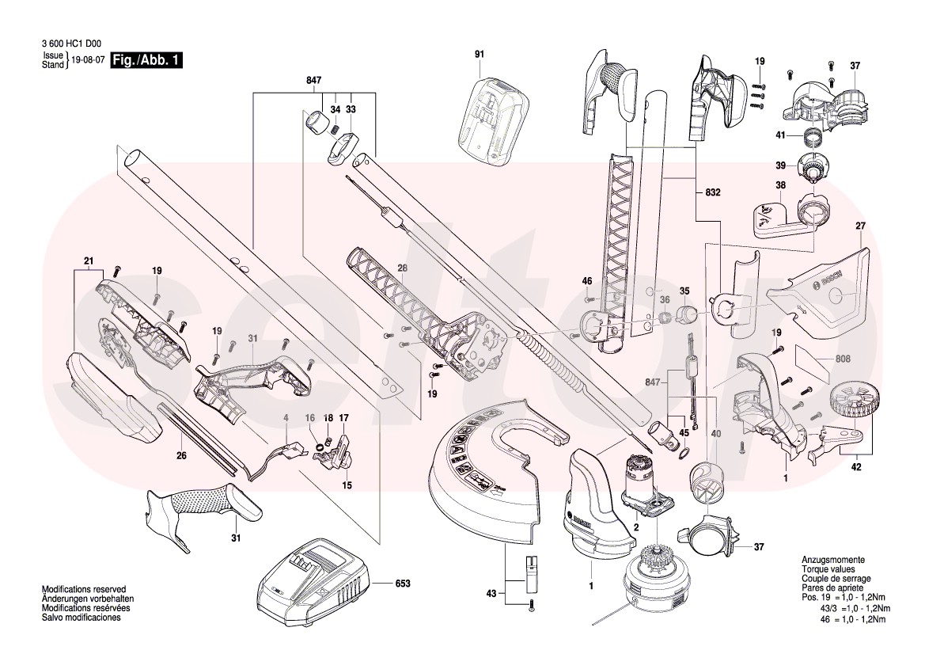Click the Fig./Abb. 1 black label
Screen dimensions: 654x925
coord(147,60)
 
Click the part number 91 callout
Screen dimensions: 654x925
coord(479,54)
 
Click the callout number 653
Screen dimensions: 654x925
coord(404,584)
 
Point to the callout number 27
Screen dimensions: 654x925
coord(860,226)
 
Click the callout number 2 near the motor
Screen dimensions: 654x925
coord(636,527)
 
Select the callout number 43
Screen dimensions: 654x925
coord(491,592)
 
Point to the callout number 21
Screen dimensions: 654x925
coord(89,260)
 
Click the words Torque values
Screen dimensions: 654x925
coord(825,569)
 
